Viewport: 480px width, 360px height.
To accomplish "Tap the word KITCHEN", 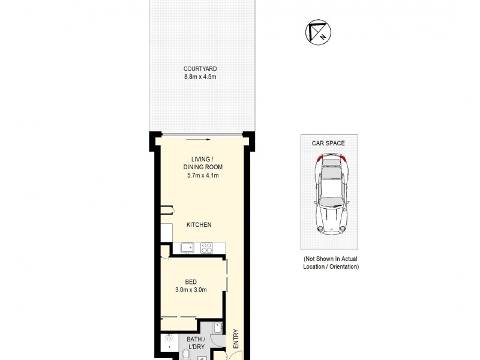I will click(x=199, y=224).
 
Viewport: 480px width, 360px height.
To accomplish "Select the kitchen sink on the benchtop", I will click(x=187, y=247).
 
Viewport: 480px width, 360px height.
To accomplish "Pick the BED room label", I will click(x=191, y=282).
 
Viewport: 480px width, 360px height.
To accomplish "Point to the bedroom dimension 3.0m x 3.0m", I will click(x=191, y=290).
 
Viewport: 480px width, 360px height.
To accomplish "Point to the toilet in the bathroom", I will click(x=186, y=355).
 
